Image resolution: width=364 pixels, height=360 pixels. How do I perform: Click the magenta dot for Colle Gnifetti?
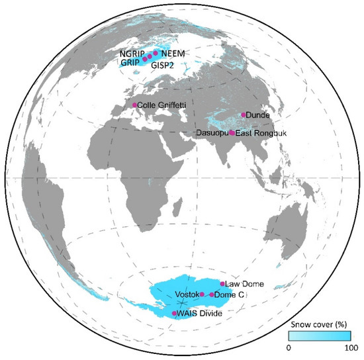tap(134, 105)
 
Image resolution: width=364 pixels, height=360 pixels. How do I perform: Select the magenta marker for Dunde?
tap(244, 114)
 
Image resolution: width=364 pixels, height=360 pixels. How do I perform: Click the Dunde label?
tap(259, 116)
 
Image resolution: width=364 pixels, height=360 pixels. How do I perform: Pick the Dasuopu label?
tap(213, 134)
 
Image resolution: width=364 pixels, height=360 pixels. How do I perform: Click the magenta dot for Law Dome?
tap(222, 283)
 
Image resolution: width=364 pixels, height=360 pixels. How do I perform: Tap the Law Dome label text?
tap(245, 284)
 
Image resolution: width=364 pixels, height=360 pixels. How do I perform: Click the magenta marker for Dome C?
tap(212, 294)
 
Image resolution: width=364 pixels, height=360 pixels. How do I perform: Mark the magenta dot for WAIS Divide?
tap(175, 313)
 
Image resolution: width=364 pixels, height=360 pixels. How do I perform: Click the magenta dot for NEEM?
tap(156, 53)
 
